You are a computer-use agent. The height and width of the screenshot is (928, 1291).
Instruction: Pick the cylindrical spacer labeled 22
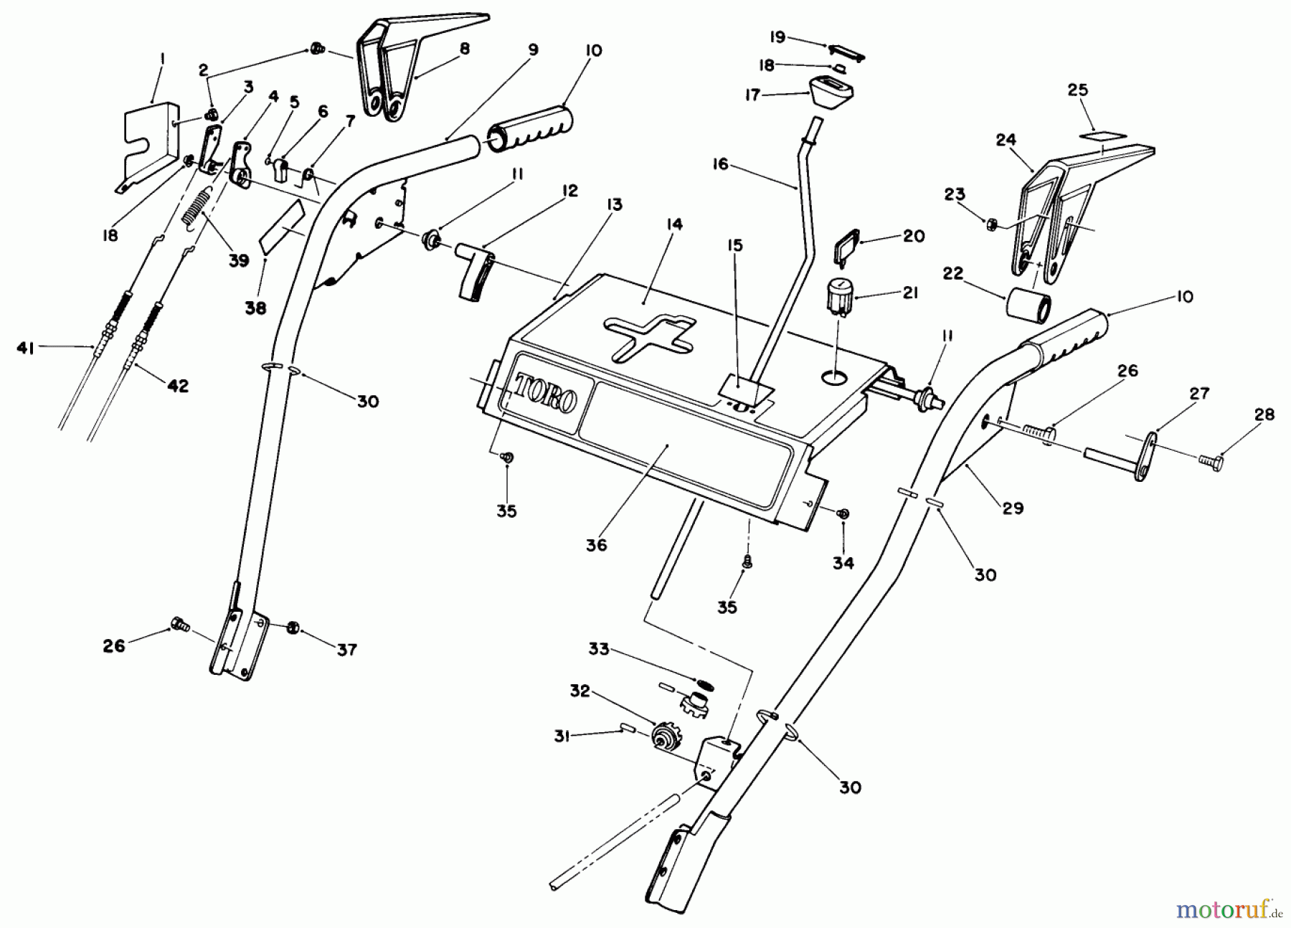(x=1028, y=304)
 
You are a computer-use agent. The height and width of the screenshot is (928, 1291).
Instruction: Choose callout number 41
(x=26, y=348)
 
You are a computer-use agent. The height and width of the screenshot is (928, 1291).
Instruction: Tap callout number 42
(x=178, y=386)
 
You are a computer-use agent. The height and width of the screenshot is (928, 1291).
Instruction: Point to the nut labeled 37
(x=293, y=628)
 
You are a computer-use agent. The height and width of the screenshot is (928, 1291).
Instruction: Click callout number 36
(x=596, y=544)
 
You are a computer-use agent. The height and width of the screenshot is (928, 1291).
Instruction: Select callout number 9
(x=532, y=49)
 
